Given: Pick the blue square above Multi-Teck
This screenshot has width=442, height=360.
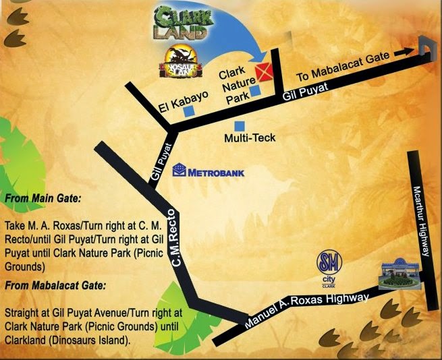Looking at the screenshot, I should [239, 125].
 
